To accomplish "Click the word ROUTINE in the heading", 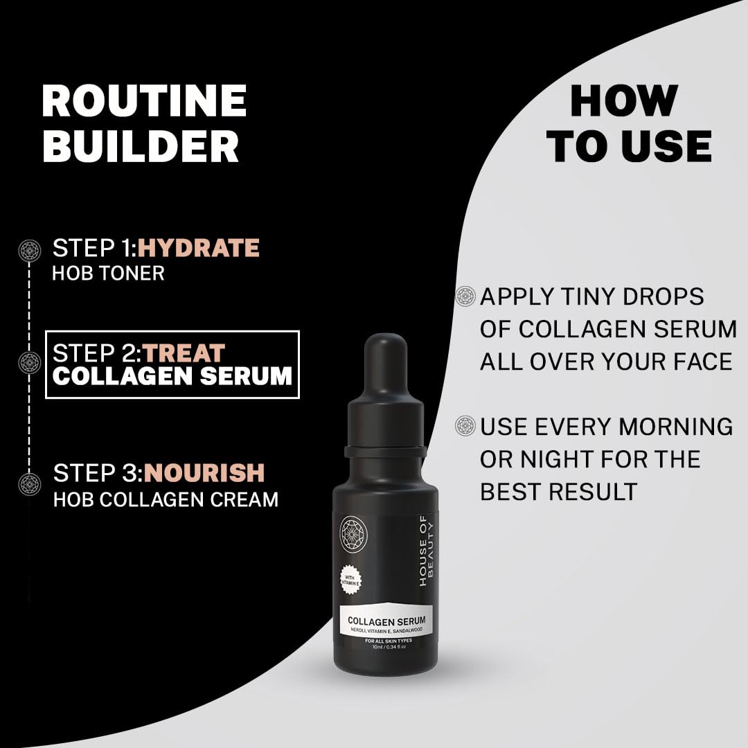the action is pyautogui.click(x=144, y=100).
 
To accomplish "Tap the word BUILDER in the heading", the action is pyautogui.click(x=141, y=145).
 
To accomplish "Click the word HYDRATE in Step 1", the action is pyautogui.click(x=199, y=248).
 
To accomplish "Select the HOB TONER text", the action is pyautogui.click(x=108, y=273).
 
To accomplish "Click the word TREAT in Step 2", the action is pyautogui.click(x=184, y=353).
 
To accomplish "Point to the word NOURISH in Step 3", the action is pyautogui.click(x=204, y=473).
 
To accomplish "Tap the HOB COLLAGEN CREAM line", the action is pyautogui.click(x=166, y=499).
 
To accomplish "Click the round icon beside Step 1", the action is pyautogui.click(x=30, y=251).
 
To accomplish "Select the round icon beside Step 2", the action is pyautogui.click(x=30, y=362).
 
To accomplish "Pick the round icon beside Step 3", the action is pyautogui.click(x=30, y=484).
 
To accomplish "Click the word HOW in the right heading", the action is pyautogui.click(x=624, y=100).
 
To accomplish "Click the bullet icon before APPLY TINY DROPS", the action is pyautogui.click(x=465, y=296).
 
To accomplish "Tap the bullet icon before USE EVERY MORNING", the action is pyautogui.click(x=465, y=425).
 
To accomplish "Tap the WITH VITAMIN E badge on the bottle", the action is pyautogui.click(x=350, y=580).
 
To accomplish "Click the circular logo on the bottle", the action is pyautogui.click(x=353, y=533).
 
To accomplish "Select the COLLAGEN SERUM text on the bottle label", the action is pyautogui.click(x=386, y=621).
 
